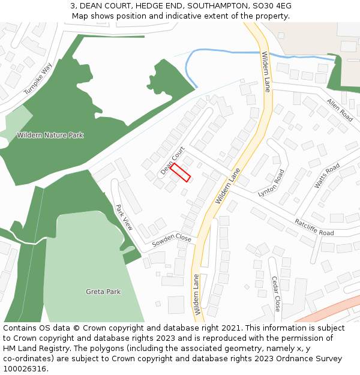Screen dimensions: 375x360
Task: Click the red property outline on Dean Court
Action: coord(180,172)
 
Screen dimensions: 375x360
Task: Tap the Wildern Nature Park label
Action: coord(50,136)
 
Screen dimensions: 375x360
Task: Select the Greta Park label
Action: coord(103,292)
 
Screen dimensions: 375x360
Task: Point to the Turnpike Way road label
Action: coord(38,79)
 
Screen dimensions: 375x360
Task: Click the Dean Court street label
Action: coord(172,161)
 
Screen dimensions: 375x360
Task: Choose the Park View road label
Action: coord(124,217)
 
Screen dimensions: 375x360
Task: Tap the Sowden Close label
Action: coord(171,241)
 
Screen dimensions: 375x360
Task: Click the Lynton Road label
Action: coord(271,184)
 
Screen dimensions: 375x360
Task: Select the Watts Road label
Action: coord(327,175)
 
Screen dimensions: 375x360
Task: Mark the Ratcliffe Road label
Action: coord(314,227)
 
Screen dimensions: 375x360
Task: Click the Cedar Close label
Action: coord(276,293)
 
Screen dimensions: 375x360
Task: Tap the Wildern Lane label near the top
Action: coord(266,71)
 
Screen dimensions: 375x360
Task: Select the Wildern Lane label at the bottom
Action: coord(196,295)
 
